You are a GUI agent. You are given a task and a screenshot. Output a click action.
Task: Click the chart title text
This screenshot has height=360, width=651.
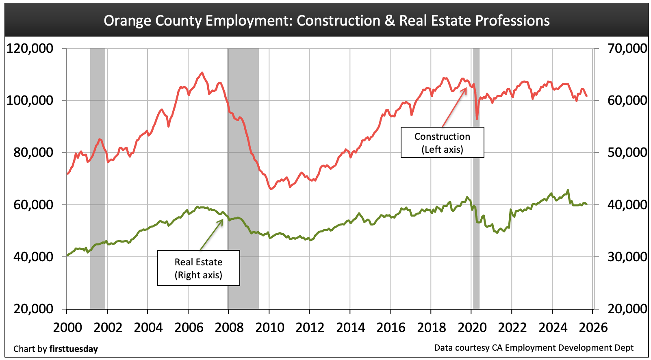click(x=326, y=21)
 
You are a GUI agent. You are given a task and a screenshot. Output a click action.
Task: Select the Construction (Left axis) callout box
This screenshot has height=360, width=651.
click(x=442, y=143)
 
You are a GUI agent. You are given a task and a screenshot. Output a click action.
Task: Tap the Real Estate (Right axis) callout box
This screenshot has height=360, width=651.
click(x=198, y=268)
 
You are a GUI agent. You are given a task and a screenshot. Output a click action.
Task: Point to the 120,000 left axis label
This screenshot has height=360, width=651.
click(x=30, y=48)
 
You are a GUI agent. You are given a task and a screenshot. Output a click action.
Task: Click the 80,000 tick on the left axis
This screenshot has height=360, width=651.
click(x=30, y=152)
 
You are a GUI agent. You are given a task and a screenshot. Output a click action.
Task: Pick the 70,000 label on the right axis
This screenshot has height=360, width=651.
click(x=627, y=48)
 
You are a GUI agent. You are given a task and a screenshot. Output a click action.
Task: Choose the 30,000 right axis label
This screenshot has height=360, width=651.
click(x=627, y=257)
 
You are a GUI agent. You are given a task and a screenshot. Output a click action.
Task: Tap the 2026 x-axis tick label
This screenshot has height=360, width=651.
click(x=593, y=327)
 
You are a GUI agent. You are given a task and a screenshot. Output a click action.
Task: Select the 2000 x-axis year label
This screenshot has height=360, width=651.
click(x=67, y=327)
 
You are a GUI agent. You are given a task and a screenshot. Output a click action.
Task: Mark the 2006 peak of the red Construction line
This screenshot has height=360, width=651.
click(x=202, y=73)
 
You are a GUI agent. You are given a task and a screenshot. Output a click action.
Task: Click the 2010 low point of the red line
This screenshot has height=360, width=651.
click(x=271, y=189)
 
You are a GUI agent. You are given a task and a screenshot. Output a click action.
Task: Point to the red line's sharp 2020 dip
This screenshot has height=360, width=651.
click(x=477, y=119)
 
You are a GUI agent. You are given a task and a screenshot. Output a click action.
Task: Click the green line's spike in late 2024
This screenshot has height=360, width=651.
click(x=568, y=190)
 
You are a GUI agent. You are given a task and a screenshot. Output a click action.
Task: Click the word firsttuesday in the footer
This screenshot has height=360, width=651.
click(x=74, y=349)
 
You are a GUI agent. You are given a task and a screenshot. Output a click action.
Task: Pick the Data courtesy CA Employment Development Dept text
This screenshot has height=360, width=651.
click(x=534, y=348)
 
